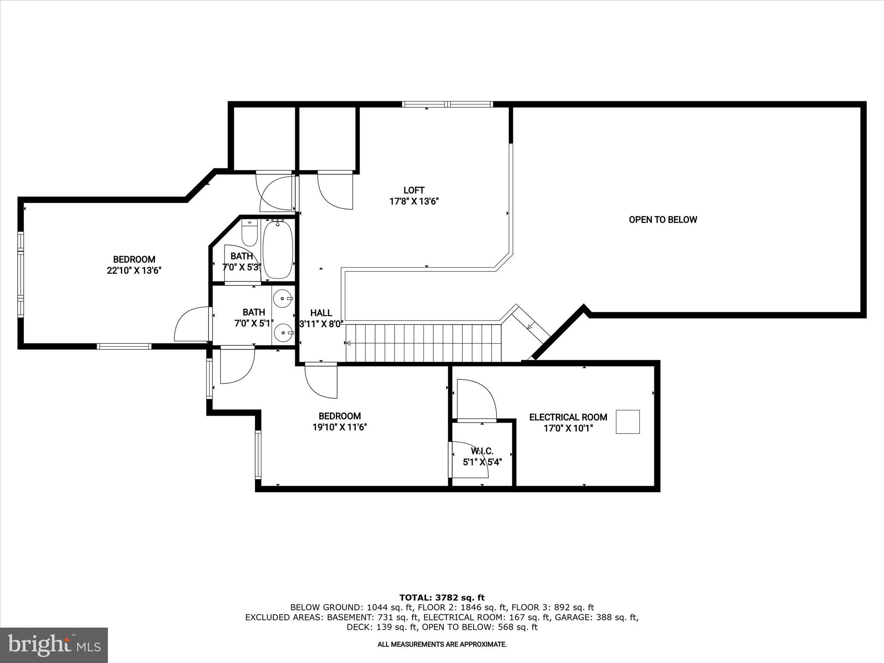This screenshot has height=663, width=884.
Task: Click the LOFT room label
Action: pyautogui.click(x=414, y=190)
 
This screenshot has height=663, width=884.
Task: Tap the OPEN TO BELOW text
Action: pyautogui.click(x=663, y=220)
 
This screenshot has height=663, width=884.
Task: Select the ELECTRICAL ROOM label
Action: pyautogui.click(x=568, y=417)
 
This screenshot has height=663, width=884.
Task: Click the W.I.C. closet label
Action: pyautogui.click(x=482, y=451)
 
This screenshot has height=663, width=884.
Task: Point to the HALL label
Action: pyautogui.click(x=321, y=313)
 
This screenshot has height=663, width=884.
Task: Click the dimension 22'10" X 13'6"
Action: pyautogui.click(x=134, y=271)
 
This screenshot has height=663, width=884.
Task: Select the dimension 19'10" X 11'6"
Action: pyautogui.click(x=340, y=427)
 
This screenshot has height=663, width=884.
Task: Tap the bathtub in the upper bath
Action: pyautogui.click(x=278, y=250)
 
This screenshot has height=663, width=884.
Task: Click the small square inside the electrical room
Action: pyautogui.click(x=627, y=422)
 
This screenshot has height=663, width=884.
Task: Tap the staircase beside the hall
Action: pyautogui.click(x=423, y=343)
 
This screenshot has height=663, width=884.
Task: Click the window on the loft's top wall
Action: pyautogui.click(x=447, y=104)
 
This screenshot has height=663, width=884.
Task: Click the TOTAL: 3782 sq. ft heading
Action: pyautogui.click(x=442, y=598)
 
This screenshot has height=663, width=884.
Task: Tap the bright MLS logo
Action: pyautogui.click(x=54, y=645)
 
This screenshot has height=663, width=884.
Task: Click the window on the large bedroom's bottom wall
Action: pyautogui.click(x=124, y=346)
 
